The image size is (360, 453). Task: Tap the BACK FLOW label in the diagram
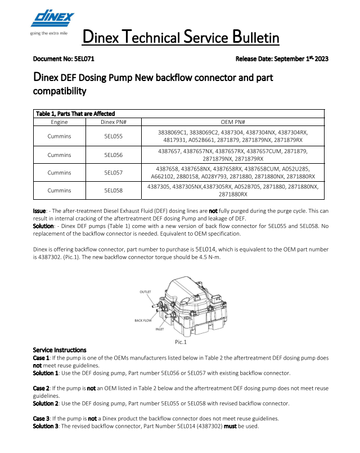[x=143, y=320]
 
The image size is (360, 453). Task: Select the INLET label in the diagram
[x=159, y=329]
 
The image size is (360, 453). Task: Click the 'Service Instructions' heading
[x=60, y=350]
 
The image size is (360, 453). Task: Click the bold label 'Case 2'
[x=42, y=388]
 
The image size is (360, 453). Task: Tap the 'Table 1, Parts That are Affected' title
[x=75, y=114]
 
